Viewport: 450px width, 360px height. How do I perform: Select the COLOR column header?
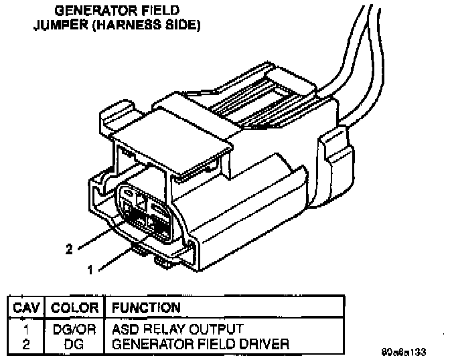coord(75,308)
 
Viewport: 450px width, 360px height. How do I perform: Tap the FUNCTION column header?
coord(146,308)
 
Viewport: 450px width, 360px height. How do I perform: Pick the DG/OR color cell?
coord(75,330)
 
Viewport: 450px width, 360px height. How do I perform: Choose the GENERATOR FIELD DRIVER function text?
coord(200,344)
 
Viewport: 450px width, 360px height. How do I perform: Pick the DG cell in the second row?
coord(75,344)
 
